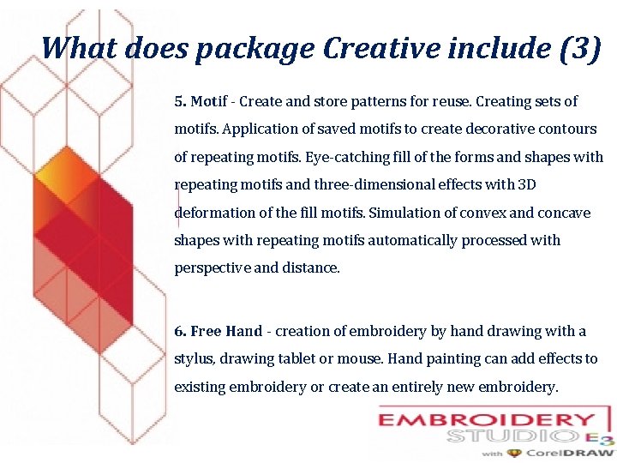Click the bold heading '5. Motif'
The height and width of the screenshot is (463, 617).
pyautogui.click(x=201, y=102)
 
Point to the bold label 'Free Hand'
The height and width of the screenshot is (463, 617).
pyautogui.click(x=226, y=331)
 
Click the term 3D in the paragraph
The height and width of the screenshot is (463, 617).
pyautogui.click(x=526, y=185)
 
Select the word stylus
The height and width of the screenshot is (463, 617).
pyautogui.click(x=193, y=359)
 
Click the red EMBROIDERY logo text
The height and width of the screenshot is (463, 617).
pyautogui.click(x=487, y=421)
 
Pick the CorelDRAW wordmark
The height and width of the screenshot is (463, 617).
pyautogui.click(x=572, y=453)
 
